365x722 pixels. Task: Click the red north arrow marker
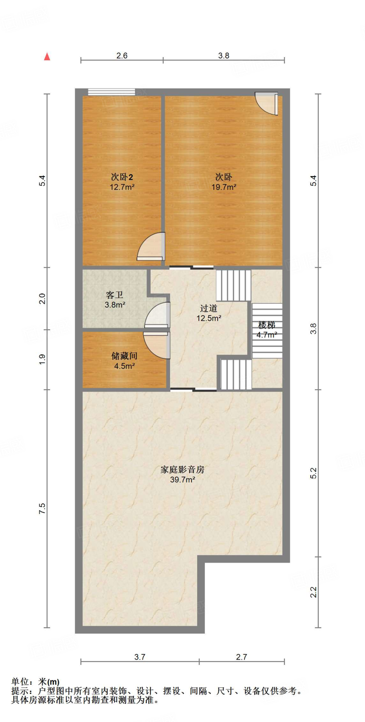click(x=47, y=57)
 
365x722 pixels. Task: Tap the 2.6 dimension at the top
click(x=122, y=56)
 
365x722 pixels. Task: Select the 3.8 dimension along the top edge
click(x=224, y=56)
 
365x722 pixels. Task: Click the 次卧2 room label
click(x=122, y=177)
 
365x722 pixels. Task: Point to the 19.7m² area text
click(x=224, y=187)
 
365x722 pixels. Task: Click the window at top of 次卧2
click(x=111, y=92)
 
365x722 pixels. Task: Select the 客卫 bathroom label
click(x=115, y=295)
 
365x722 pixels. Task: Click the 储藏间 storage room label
click(x=124, y=356)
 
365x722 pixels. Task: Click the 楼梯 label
click(x=267, y=325)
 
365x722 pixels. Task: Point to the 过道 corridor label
click(x=208, y=308)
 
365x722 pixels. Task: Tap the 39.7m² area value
click(x=182, y=480)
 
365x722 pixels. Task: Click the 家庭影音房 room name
click(x=182, y=470)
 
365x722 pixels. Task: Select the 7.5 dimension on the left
click(x=42, y=508)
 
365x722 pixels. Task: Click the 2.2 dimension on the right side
click(x=314, y=592)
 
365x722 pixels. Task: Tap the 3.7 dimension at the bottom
click(x=140, y=657)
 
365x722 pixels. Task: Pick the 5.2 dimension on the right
click(x=314, y=473)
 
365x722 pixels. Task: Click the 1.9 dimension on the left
click(x=42, y=359)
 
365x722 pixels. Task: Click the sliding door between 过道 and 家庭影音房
click(x=193, y=390)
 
